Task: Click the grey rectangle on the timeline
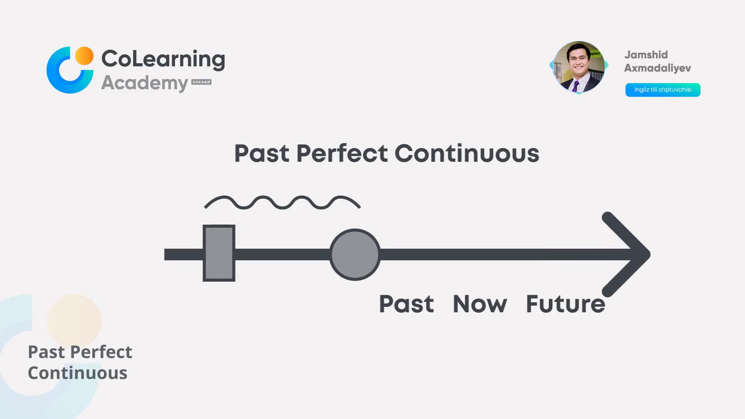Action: point(219,253)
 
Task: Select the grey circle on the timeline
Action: point(355,255)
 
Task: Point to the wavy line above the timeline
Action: point(282,203)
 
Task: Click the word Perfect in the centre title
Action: point(342,153)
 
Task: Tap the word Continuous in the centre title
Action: point(467,153)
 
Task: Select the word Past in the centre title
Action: point(262,153)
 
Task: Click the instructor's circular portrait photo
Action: point(579,67)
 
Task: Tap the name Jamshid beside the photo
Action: point(646,55)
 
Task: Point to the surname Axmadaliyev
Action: point(658,68)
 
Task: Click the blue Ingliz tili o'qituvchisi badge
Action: point(663,90)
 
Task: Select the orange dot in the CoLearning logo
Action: point(84,56)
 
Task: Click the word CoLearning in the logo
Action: point(163,59)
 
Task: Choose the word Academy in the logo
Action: point(145,83)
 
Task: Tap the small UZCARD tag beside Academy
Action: point(201,82)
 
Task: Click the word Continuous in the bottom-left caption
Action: point(78,373)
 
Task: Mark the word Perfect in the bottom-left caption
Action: point(101,352)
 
